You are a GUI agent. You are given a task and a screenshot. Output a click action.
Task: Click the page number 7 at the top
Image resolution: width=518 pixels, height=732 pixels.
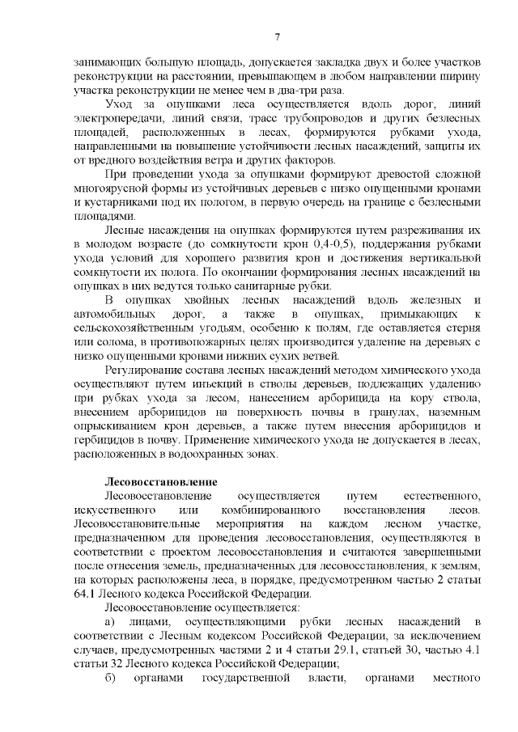[277, 36]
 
